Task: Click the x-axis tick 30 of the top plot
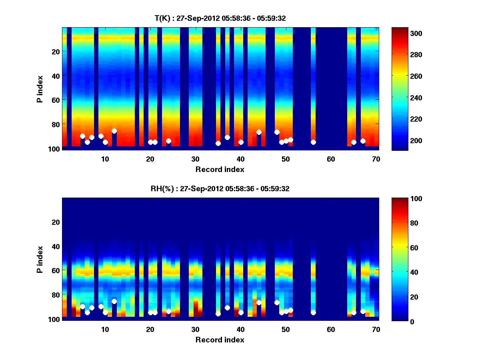pos(196,158)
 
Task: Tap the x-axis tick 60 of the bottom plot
pos(331,329)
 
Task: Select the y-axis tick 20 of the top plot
pos(55,51)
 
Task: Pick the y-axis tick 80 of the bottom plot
pos(55,295)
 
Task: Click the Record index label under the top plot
pos(220,169)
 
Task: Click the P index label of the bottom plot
pos(40,259)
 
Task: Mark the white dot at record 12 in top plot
pos(114,131)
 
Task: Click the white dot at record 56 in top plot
pos(313,142)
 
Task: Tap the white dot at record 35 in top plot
pos(218,143)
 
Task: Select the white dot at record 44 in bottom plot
pos(259,302)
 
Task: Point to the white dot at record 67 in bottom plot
pos(363,311)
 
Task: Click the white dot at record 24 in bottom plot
pos(168,311)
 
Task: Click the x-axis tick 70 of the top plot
pos(376,158)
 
